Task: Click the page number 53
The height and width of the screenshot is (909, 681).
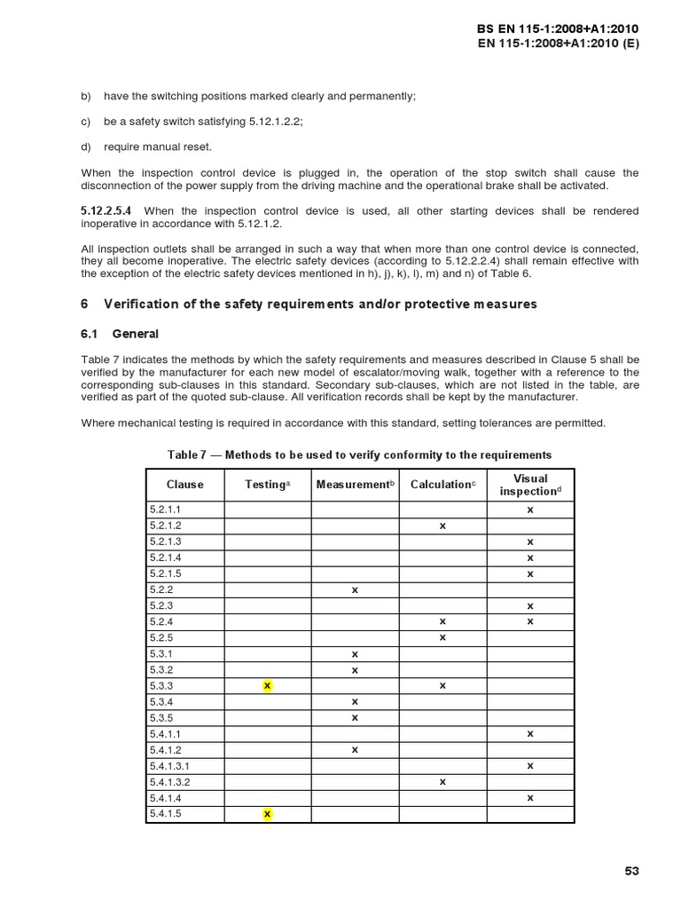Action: (630, 871)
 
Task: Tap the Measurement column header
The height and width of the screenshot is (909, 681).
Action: (355, 485)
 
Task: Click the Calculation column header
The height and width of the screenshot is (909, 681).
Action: (442, 485)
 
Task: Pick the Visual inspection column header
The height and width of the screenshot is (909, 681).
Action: (530, 485)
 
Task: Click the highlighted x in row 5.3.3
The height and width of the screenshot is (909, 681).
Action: (268, 686)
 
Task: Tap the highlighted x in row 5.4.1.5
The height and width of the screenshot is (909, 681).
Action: (268, 814)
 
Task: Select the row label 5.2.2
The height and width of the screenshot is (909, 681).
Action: (160, 590)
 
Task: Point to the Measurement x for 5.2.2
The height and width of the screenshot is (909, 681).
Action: (355, 590)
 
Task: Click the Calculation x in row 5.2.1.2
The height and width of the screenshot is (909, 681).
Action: (442, 526)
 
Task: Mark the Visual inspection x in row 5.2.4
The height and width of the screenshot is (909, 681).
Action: (530, 622)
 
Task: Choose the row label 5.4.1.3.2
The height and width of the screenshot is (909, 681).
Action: (170, 782)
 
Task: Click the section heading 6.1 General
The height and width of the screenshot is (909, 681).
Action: (120, 334)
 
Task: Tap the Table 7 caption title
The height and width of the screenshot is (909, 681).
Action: (359, 454)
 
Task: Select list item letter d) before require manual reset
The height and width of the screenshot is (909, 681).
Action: (86, 146)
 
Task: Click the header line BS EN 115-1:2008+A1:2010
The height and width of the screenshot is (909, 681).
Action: (558, 28)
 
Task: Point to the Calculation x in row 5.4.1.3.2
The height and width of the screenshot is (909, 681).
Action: (442, 782)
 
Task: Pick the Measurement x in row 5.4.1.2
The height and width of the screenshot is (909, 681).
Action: (355, 750)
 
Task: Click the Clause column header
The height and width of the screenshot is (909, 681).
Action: (184, 485)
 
